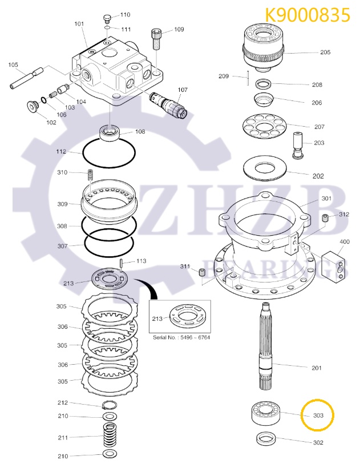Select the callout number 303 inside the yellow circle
tap(318, 415)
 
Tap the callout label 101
tap(79, 24)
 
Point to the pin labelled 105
tap(27, 78)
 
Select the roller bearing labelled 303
tap(268, 413)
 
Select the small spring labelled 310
tap(90, 174)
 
